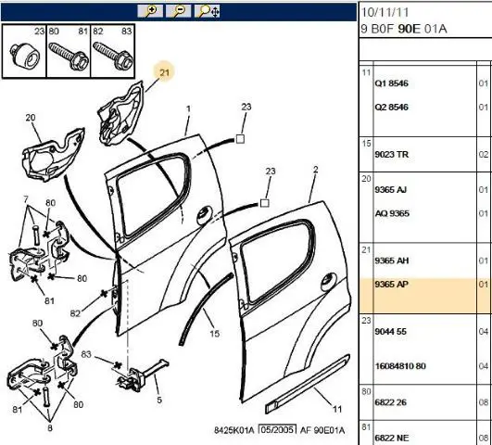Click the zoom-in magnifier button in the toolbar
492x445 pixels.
(150, 11)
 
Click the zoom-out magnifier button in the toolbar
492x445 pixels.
(179, 11)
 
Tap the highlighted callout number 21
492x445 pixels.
(164, 72)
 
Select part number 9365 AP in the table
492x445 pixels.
(391, 285)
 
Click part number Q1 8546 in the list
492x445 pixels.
(391, 83)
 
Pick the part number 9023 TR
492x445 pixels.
(391, 154)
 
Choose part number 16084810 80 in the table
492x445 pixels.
(400, 366)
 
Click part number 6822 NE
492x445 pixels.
(392, 438)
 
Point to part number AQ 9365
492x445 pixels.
(392, 213)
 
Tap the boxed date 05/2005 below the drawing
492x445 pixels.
(277, 429)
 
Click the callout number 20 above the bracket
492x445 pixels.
(31, 118)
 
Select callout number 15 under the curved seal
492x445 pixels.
(215, 334)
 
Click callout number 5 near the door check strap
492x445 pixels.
(159, 400)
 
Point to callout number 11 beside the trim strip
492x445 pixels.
(337, 409)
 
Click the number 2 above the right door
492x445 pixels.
(316, 170)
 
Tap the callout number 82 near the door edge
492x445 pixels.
(75, 313)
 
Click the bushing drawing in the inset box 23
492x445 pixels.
(25, 57)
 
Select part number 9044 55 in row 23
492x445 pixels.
(391, 332)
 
